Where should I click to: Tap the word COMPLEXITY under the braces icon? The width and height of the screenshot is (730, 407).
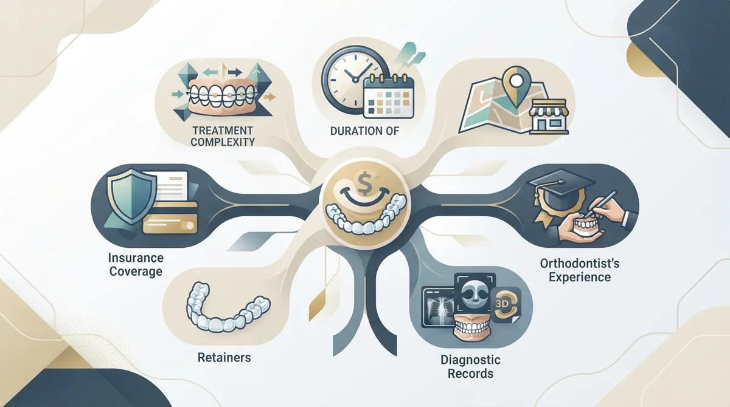(223, 142)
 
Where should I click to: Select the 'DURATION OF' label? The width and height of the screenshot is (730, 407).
(364, 131)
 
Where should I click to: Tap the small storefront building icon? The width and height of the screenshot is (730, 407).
(549, 117)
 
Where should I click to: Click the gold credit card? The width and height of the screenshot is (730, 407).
(170, 217)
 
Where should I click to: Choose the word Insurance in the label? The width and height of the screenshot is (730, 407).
(136, 258)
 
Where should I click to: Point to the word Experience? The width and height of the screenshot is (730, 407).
(580, 277)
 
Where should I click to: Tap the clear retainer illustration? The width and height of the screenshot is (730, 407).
(228, 308)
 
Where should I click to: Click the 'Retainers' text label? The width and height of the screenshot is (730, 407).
(224, 358)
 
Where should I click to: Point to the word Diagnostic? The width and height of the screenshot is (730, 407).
(470, 360)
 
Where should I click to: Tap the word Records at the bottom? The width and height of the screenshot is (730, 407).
(470, 373)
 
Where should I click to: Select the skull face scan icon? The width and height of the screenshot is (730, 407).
(475, 293)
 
